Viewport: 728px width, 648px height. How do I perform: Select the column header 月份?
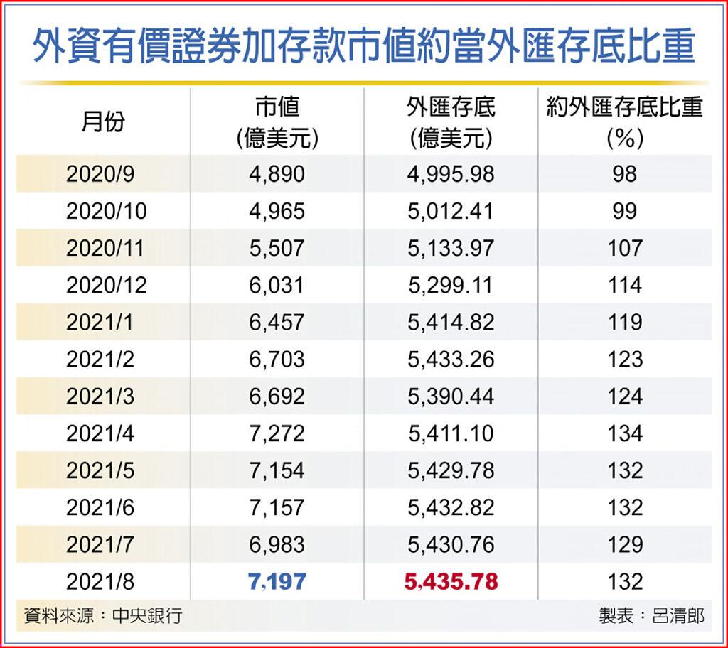pyautogui.click(x=104, y=122)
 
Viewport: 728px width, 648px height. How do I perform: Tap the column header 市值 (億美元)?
pyautogui.click(x=277, y=122)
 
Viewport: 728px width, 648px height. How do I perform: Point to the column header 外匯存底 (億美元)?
pyautogui.click(x=451, y=122)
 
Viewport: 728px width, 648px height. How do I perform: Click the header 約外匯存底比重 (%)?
pyautogui.click(x=625, y=122)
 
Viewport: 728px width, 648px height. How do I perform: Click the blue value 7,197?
pyautogui.click(x=277, y=582)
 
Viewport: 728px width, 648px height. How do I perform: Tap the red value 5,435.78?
pyautogui.click(x=451, y=582)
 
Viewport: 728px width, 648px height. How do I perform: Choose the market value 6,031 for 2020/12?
pyautogui.click(x=277, y=286)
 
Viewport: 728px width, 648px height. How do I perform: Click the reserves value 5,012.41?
pyautogui.click(x=451, y=211)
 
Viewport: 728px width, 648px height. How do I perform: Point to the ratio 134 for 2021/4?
pyautogui.click(x=625, y=433)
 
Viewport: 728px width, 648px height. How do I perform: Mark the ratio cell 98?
pyautogui.click(x=625, y=174)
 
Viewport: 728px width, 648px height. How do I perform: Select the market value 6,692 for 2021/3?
pyautogui.click(x=277, y=396)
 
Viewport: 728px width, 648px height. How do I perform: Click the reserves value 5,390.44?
pyautogui.click(x=451, y=396)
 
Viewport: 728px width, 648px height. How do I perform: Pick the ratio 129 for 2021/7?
pyautogui.click(x=625, y=545)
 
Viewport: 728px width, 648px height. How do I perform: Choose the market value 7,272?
pyautogui.click(x=277, y=433)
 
